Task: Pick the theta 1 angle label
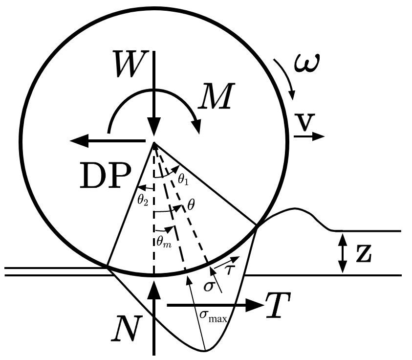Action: tap(183, 180)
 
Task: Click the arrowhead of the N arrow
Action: tap(154, 290)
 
